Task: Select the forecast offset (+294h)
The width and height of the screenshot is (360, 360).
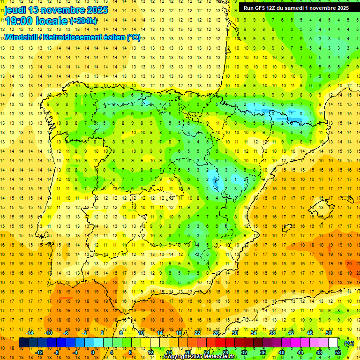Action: [83, 21]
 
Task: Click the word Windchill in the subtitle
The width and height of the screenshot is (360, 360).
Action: [21, 37]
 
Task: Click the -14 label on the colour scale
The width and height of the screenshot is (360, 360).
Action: [30, 333]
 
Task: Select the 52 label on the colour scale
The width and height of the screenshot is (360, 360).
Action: [338, 352]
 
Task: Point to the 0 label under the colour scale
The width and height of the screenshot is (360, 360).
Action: [92, 352]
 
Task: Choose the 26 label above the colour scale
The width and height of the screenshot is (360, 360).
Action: [216, 333]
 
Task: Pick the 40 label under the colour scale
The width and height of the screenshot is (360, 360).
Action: [282, 352]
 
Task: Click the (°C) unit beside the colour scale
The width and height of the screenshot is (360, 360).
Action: [349, 343]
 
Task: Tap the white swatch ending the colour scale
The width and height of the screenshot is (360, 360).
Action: [333, 343]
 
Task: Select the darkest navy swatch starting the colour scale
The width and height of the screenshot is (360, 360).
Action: [23, 343]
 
